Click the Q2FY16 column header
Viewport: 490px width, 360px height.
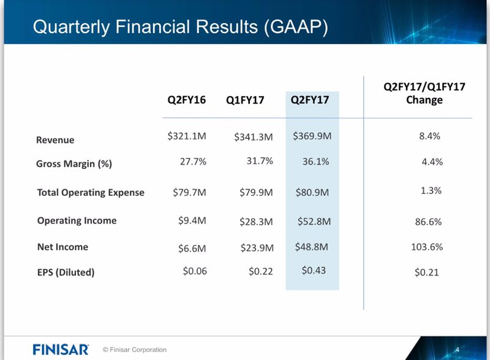click(187, 99)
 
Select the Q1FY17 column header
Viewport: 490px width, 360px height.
click(245, 100)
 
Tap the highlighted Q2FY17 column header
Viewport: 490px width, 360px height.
click(312, 100)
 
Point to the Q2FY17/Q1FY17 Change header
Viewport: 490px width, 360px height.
click(424, 93)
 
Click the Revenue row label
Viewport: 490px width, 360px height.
click(55, 140)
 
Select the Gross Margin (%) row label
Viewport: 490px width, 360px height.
click(74, 163)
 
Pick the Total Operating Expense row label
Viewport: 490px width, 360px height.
click(91, 192)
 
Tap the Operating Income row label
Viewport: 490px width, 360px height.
click(77, 220)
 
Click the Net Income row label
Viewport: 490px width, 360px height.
click(62, 247)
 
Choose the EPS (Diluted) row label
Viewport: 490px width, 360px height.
click(66, 272)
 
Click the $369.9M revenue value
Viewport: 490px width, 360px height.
click(312, 136)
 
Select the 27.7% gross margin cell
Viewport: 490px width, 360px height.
click(192, 162)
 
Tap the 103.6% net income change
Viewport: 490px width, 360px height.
click(427, 247)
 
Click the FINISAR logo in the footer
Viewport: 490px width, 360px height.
click(60, 350)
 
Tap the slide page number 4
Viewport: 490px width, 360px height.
click(457, 349)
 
